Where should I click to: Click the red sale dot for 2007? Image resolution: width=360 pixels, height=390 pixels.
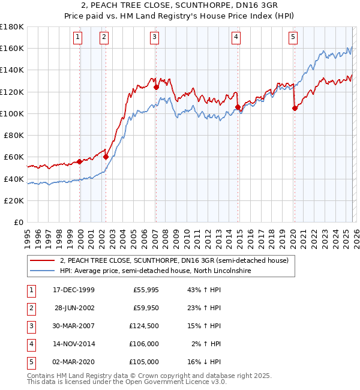[156, 87]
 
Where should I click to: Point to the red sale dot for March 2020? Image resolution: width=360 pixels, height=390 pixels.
[295, 109]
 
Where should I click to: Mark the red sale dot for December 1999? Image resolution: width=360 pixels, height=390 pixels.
[80, 161]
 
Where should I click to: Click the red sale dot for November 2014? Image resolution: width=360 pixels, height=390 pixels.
[238, 107]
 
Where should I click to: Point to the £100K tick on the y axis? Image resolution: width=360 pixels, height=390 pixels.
[13, 113]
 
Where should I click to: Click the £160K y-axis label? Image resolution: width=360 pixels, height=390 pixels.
[13, 48]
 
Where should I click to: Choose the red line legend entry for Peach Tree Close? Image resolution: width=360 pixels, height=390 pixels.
[174, 260]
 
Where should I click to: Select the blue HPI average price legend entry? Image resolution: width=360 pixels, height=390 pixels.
[155, 271]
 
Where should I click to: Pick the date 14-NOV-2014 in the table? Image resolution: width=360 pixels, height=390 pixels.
[73, 344]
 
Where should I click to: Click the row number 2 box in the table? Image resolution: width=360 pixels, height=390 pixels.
[31, 308]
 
